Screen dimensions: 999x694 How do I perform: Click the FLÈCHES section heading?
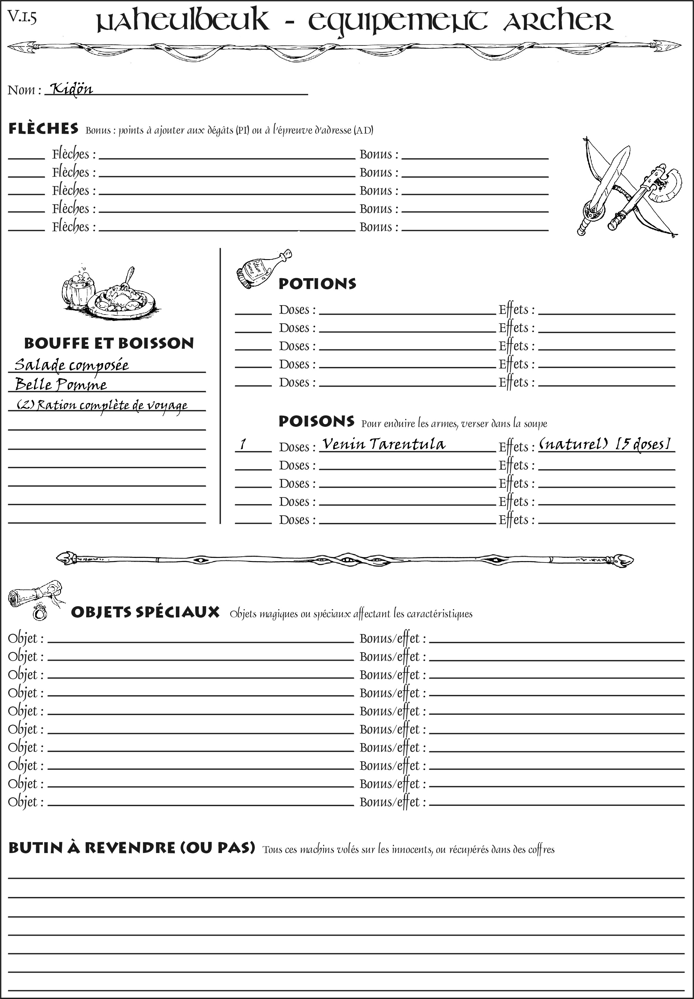pos(43,129)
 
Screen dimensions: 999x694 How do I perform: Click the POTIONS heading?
pos(317,283)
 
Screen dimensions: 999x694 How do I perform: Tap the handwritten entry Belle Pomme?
pos(61,384)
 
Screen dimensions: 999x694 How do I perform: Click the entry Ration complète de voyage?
pos(102,405)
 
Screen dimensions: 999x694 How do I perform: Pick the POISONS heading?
pos(316,421)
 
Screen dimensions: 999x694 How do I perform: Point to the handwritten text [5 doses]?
pos(644,444)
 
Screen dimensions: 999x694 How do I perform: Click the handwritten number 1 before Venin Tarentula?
pos(243,444)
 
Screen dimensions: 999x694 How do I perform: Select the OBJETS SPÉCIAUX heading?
pos(145,612)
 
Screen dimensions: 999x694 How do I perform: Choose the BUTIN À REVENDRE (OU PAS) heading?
pos(131,848)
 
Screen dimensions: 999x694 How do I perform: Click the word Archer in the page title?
pos(558,21)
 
